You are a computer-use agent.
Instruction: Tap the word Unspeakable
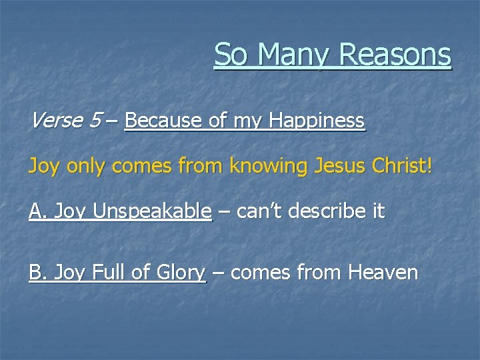(x=153, y=212)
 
